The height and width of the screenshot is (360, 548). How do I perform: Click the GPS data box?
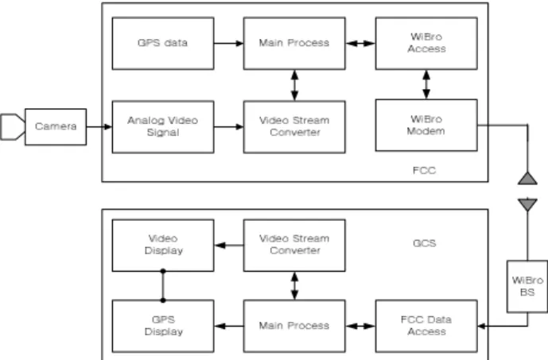(x=163, y=43)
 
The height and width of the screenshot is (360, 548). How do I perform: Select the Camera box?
(x=56, y=126)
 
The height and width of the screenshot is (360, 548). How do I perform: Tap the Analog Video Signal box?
(x=163, y=126)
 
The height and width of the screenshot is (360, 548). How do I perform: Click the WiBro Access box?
(x=426, y=43)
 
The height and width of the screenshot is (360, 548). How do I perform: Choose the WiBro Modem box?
(x=426, y=126)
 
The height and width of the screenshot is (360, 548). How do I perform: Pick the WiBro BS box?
(x=527, y=286)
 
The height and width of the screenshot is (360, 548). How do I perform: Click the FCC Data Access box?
(x=426, y=326)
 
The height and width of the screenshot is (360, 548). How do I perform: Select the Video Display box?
(x=163, y=245)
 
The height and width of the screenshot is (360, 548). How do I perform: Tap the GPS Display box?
(x=163, y=326)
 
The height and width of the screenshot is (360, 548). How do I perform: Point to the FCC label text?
(x=424, y=170)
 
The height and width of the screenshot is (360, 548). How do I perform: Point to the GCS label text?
(x=424, y=243)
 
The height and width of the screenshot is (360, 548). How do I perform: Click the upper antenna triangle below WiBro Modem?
(x=527, y=178)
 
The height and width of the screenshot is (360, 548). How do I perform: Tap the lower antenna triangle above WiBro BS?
(x=527, y=205)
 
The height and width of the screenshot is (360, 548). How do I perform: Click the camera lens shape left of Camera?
(x=13, y=126)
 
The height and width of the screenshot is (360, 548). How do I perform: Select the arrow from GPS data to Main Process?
(x=228, y=43)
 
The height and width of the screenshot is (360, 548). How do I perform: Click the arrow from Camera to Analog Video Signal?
(x=99, y=126)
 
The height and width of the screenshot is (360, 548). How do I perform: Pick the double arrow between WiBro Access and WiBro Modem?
(x=426, y=84)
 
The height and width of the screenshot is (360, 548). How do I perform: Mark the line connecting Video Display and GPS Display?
(x=163, y=285)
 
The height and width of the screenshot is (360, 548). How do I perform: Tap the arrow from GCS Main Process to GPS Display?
(x=229, y=326)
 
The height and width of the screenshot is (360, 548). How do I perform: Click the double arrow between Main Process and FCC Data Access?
(x=360, y=326)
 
